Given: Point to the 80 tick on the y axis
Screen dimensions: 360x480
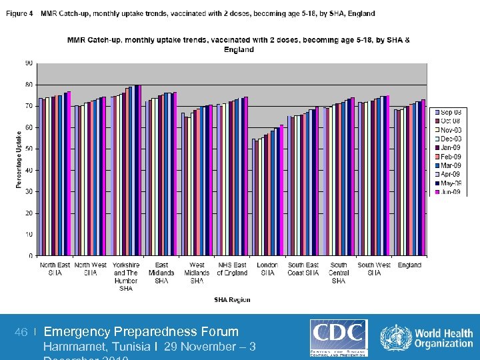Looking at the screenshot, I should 29,85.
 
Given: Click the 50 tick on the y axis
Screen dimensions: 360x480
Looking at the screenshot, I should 29,149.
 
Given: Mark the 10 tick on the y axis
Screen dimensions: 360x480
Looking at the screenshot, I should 29,234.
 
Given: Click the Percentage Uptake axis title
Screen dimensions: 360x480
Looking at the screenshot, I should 19,159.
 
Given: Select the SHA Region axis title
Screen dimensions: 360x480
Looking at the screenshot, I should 232,300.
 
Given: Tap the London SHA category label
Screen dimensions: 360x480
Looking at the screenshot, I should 267,269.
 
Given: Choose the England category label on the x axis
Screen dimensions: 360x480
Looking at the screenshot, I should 409,265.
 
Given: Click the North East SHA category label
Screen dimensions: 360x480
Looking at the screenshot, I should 55,269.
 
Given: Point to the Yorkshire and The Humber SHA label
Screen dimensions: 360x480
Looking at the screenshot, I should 125,276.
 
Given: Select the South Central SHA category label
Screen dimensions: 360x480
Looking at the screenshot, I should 339,273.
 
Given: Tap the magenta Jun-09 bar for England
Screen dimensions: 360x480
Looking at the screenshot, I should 423,177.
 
